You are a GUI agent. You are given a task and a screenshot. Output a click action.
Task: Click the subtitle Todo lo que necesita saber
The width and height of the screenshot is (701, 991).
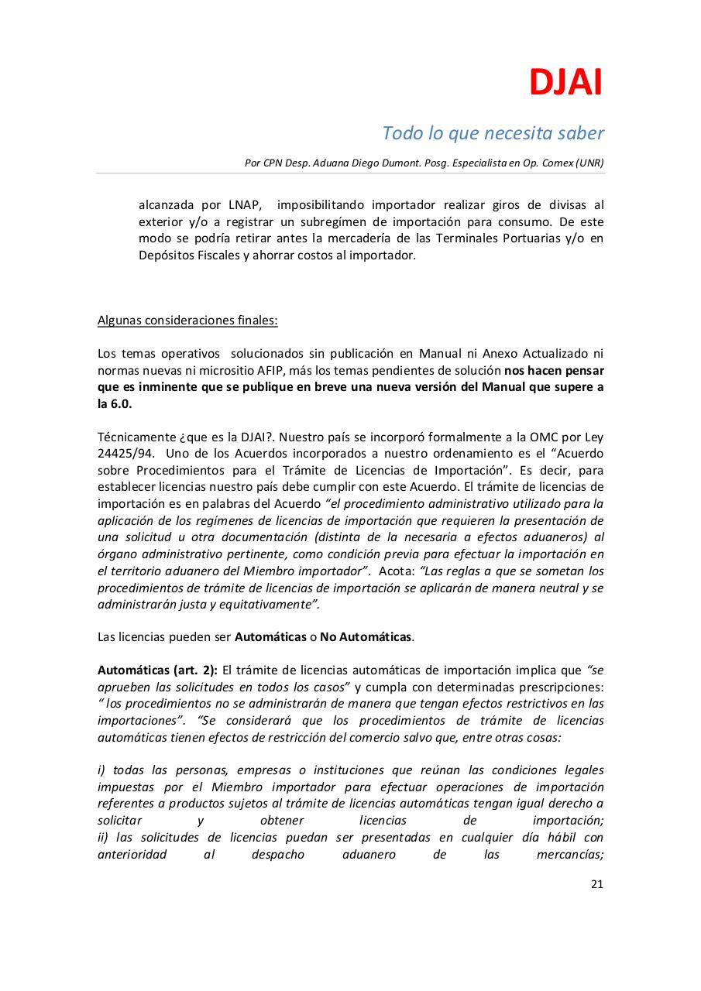493,133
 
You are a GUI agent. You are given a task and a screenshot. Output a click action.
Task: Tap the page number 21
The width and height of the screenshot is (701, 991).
596,884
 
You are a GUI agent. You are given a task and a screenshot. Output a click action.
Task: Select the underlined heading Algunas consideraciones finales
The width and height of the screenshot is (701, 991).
187,321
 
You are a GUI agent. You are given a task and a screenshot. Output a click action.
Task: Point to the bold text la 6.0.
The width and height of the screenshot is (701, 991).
115,404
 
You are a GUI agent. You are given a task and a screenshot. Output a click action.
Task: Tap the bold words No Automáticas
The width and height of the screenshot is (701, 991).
366,637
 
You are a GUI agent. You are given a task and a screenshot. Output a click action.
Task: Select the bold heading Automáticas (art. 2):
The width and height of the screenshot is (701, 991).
157,670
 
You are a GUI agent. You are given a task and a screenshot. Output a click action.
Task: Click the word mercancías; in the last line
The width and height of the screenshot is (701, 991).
569,855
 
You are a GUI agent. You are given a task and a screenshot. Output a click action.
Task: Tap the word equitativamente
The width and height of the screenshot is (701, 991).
269,604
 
